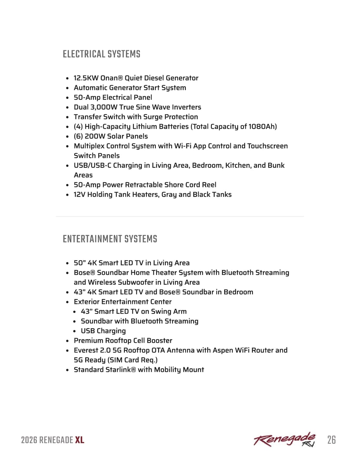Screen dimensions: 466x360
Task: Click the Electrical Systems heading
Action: click(102, 54)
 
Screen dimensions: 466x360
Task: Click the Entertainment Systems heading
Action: click(110, 239)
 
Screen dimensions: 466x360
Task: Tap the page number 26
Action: click(332, 440)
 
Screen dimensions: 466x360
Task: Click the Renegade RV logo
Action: click(285, 439)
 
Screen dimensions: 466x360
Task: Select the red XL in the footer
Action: click(80, 440)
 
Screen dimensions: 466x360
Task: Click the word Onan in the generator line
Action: click(109, 78)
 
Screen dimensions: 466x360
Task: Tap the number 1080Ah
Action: click(262, 127)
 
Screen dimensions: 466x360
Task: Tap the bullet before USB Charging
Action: click(75, 331)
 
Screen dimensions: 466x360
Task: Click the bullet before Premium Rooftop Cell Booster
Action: click(67, 341)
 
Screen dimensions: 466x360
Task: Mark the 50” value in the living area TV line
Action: click(80, 263)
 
